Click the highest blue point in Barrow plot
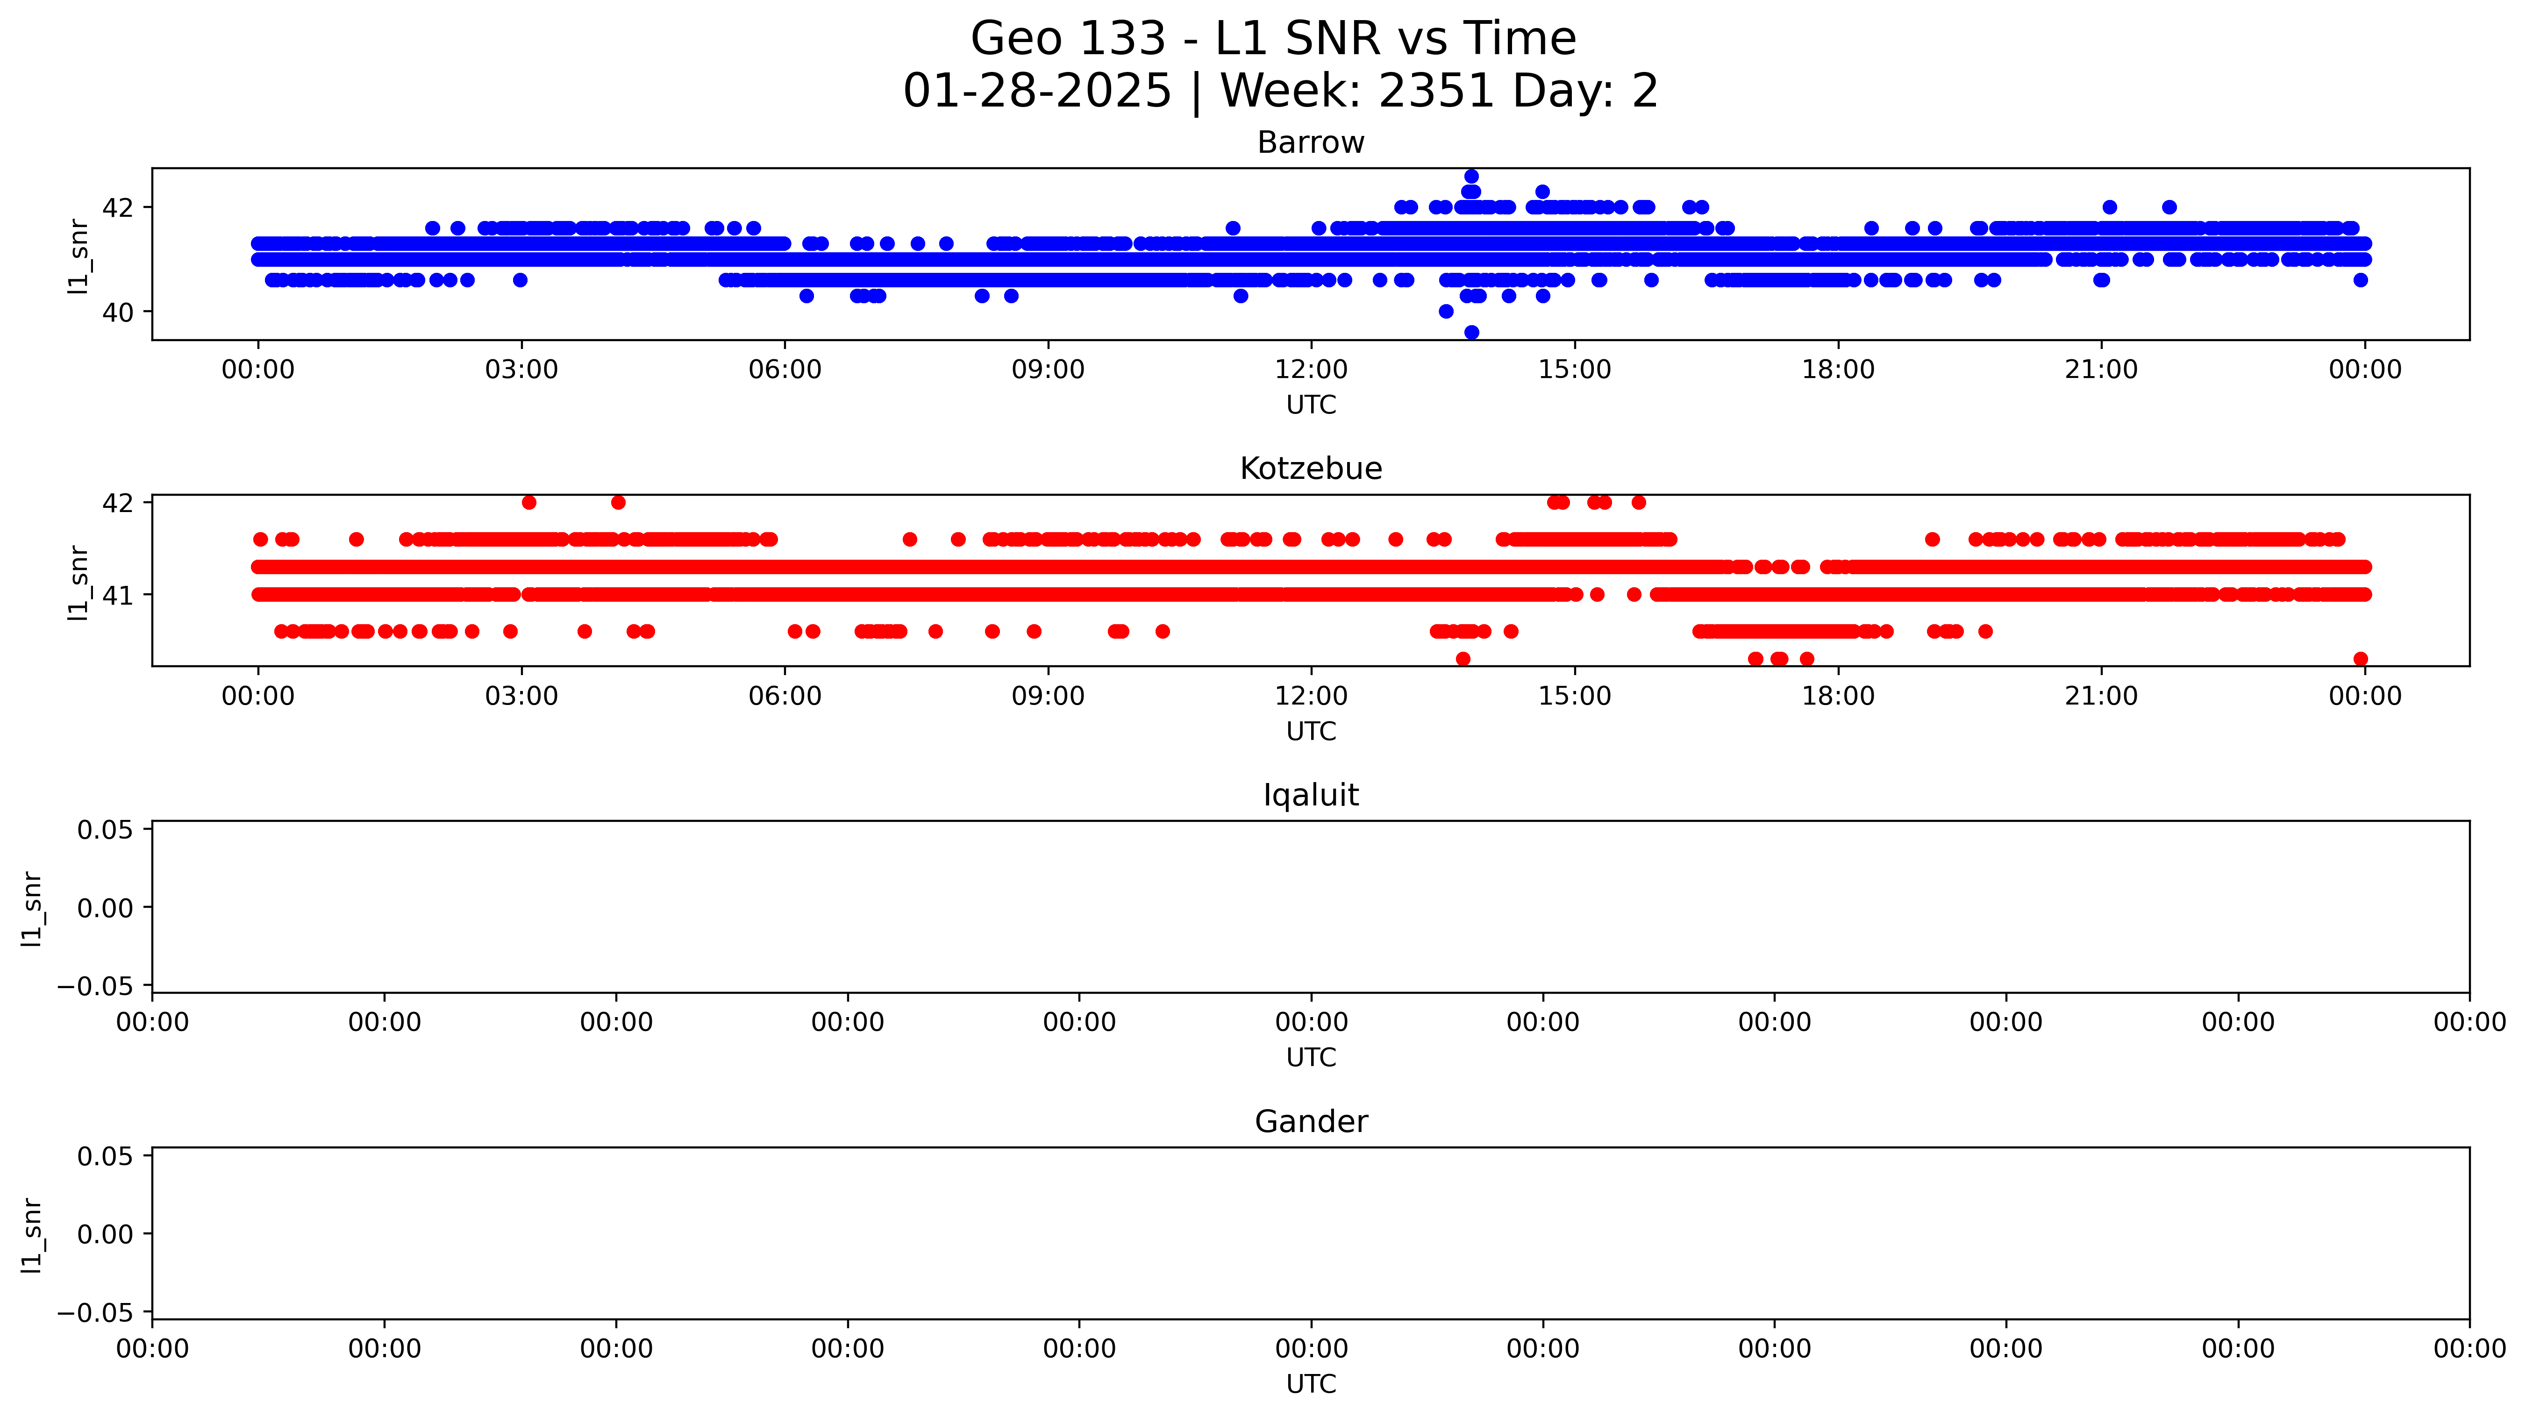pyautogui.click(x=1471, y=177)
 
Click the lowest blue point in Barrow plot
pyautogui.click(x=1471, y=333)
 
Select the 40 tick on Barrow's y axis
pyautogui.click(x=117, y=312)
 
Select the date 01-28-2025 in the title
pyautogui.click(x=1036, y=91)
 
